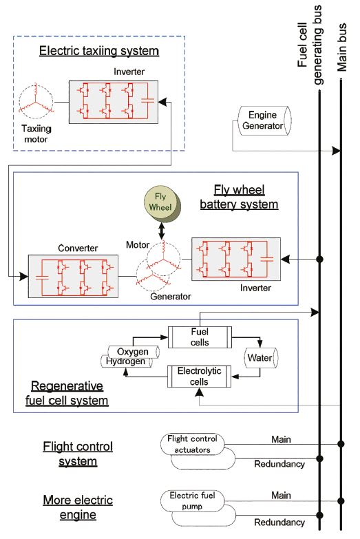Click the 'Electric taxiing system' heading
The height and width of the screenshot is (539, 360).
[x=99, y=50]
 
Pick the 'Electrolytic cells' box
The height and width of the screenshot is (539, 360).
[x=198, y=378]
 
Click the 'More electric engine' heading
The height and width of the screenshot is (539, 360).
[x=77, y=506]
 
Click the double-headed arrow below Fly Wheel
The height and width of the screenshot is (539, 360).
[x=162, y=232]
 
